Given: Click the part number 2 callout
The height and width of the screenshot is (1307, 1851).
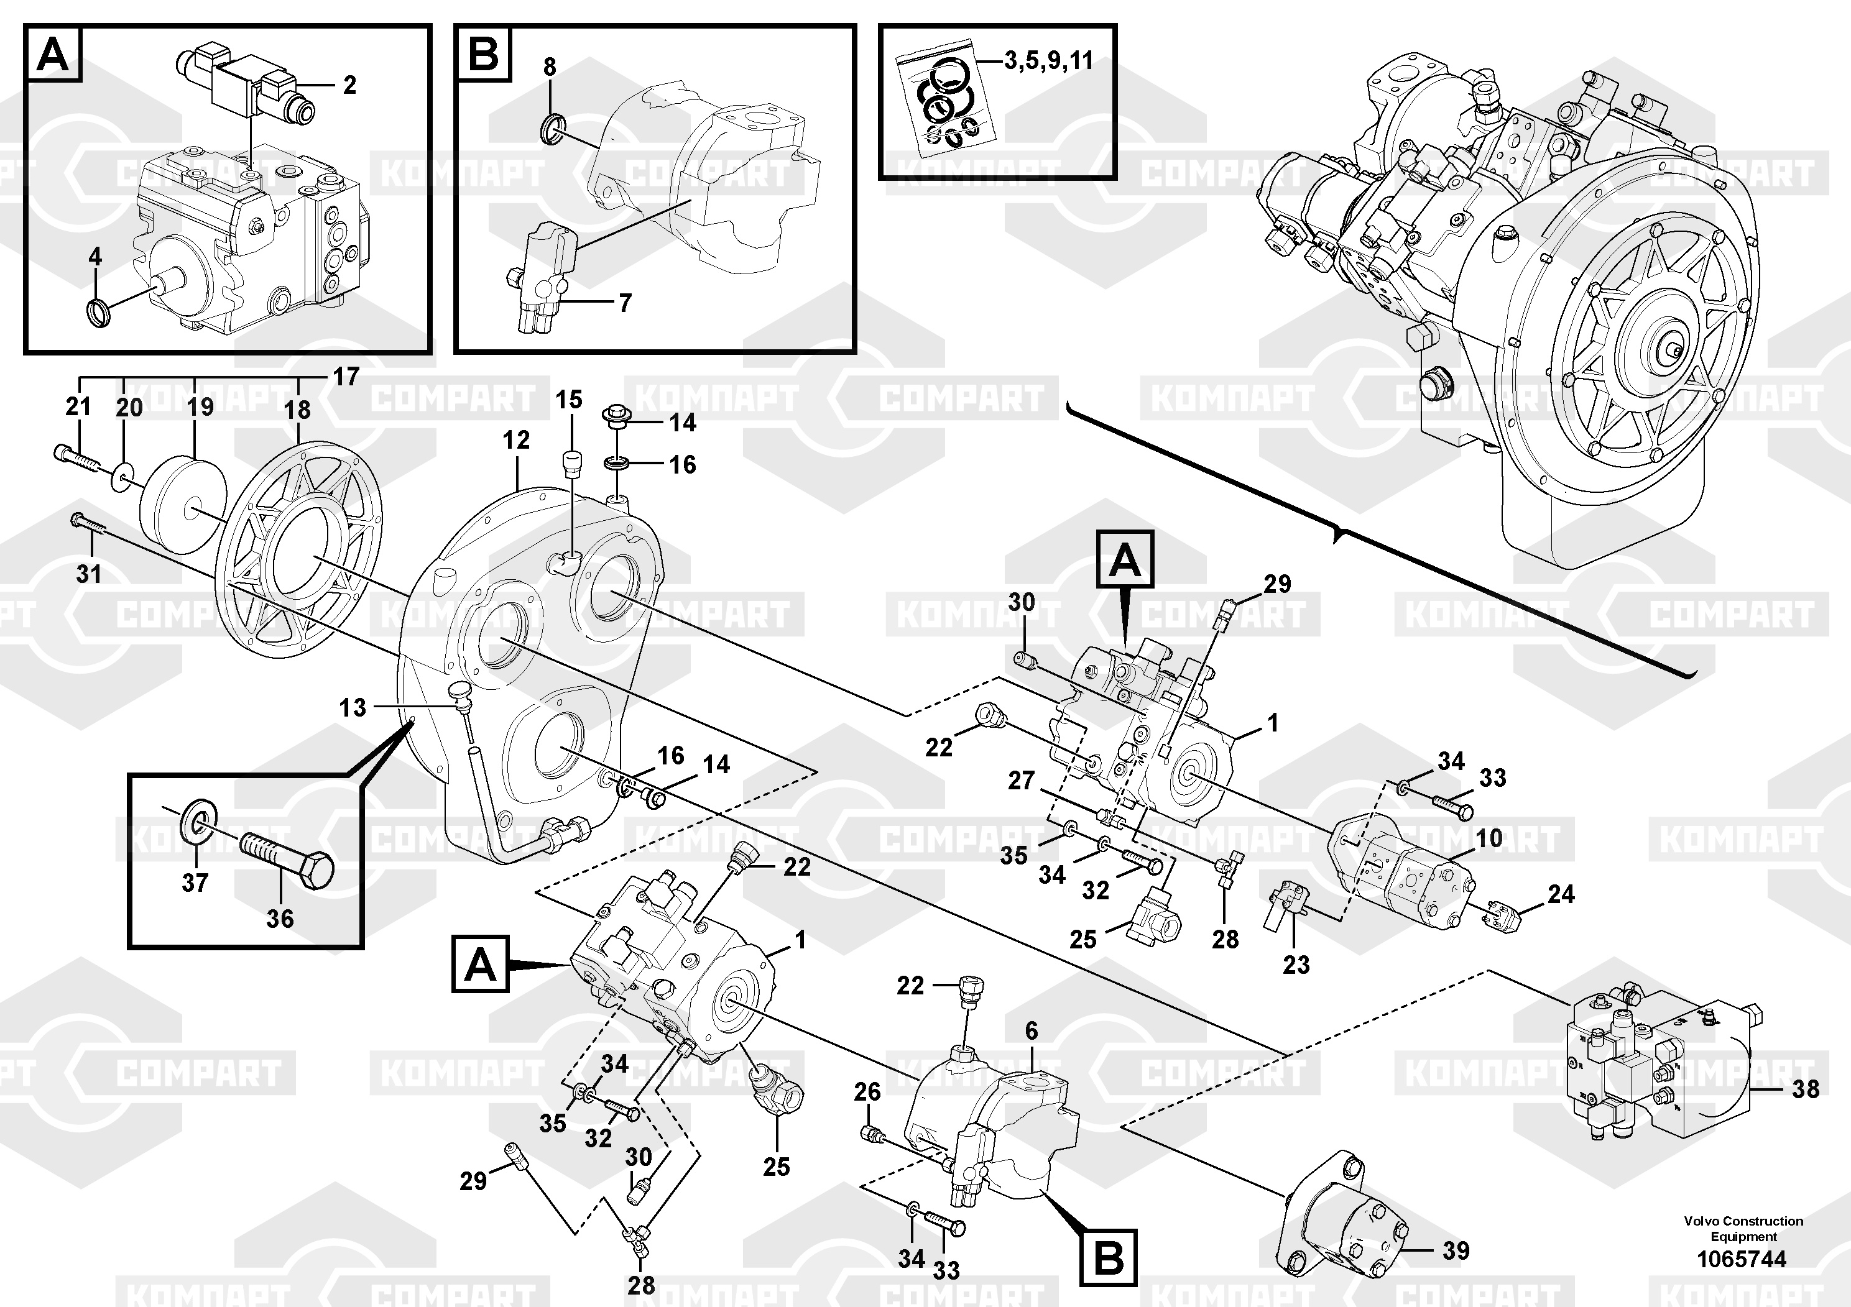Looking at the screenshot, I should point(349,85).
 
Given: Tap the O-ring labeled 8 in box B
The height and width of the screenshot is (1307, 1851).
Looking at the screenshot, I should point(552,128).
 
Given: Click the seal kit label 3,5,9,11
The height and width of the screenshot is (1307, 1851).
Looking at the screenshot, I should point(1048,60).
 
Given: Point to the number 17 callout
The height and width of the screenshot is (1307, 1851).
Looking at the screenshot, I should point(346,376).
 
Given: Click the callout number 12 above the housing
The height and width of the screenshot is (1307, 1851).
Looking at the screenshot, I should point(516,440).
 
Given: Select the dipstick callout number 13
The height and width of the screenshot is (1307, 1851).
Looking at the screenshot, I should point(353,707).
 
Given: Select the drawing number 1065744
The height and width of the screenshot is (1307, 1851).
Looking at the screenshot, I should point(1742,1259).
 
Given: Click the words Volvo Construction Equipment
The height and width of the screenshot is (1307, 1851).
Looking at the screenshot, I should point(1743,1229).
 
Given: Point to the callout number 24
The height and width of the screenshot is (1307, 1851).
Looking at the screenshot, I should point(1561,894).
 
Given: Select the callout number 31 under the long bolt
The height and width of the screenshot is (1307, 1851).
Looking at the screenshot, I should point(89,574).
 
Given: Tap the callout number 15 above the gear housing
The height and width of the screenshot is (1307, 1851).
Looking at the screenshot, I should point(568,400).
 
